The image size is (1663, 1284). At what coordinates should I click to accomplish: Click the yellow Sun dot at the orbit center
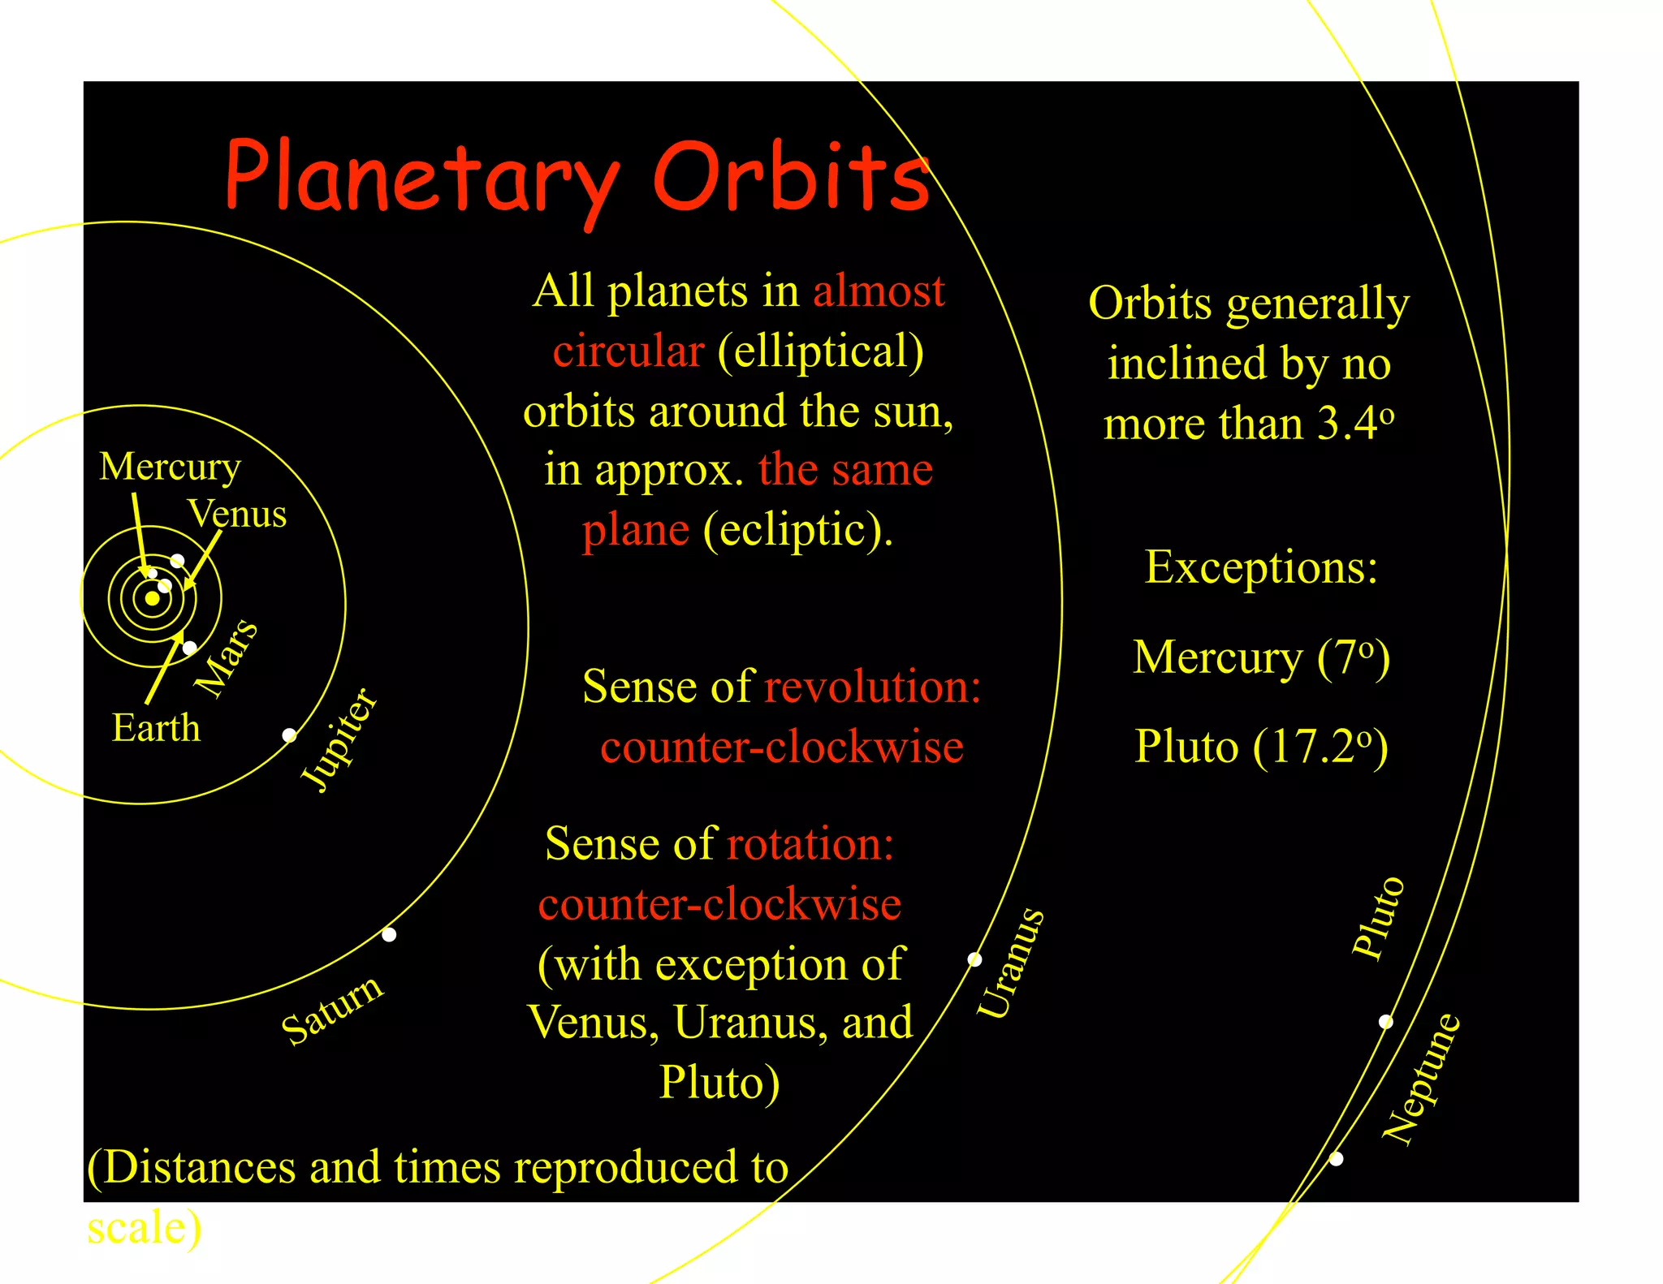[152, 599]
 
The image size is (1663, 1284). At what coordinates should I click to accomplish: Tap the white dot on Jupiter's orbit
[289, 735]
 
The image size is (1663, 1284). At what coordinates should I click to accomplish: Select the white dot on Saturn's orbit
[389, 934]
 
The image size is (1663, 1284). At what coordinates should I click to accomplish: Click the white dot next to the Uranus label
[975, 959]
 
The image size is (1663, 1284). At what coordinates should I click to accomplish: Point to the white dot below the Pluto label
[1386, 1022]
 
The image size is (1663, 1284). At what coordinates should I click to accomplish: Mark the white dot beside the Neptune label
[1336, 1159]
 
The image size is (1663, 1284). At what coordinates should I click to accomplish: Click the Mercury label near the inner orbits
[170, 467]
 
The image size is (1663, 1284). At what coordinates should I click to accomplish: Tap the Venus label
[237, 514]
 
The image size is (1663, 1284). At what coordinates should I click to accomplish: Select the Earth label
[156, 727]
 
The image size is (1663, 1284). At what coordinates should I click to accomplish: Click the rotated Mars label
[227, 657]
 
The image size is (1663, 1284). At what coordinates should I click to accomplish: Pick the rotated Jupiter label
[339, 739]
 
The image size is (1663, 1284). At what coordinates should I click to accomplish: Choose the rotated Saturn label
[332, 1010]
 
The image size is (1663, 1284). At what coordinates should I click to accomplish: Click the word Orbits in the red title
[791, 177]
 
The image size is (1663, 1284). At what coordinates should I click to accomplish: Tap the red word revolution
[872, 687]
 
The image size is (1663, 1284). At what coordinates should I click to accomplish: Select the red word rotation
[810, 844]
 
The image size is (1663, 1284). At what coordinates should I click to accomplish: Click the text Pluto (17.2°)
[1261, 747]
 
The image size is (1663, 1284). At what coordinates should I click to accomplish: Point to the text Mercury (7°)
[1261, 657]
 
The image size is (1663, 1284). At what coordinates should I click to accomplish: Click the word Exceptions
[1261, 567]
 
